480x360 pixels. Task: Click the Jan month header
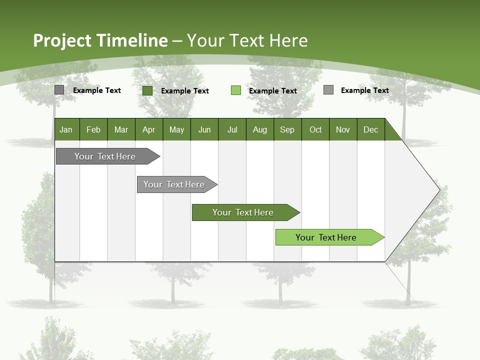[66, 129]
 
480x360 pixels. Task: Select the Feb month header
[93, 129]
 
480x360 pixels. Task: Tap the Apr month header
[149, 129]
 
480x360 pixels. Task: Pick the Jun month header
[204, 129]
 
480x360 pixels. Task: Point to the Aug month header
[260, 129]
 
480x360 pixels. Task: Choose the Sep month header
[287, 129]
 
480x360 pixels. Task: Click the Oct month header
[315, 129]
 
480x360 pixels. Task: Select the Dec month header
[371, 129]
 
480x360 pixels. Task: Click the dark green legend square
[147, 90]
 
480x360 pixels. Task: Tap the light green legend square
[236, 90]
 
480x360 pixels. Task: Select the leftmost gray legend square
[59, 90]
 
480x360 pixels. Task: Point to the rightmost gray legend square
[328, 90]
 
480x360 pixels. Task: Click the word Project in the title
[63, 40]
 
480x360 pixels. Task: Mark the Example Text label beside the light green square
[272, 91]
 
